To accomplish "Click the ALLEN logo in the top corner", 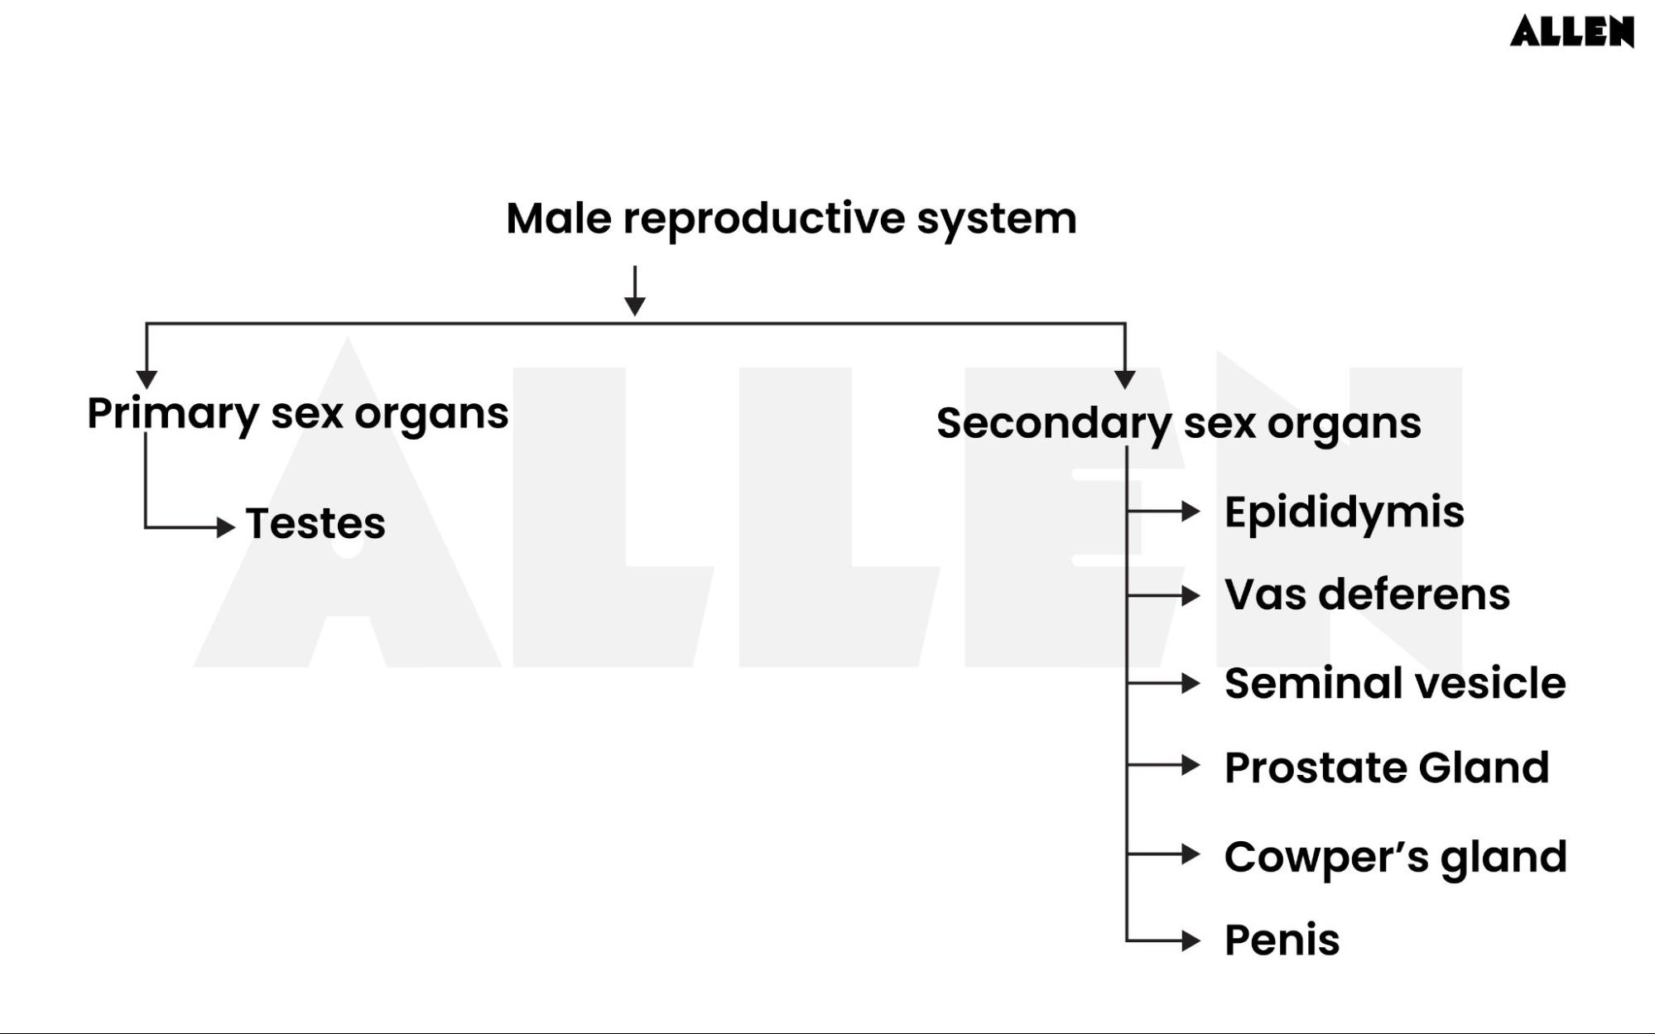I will point(1571,31).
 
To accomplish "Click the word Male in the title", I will point(558,219).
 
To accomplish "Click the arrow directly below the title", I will point(635,291).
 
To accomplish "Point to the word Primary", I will point(173,414).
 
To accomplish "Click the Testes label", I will point(315,524).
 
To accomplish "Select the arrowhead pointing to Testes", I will point(225,527).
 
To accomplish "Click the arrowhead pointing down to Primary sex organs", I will point(147,379).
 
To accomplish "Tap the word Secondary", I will point(1053,423).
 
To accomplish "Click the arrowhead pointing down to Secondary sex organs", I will point(1124,379).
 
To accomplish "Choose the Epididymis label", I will point(1344,512).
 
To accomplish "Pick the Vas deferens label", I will point(1367,595).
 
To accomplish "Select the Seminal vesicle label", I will point(1395,684).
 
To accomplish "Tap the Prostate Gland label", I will point(1387,768).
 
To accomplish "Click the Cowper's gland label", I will point(1395,857).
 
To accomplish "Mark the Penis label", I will point(1282,940).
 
